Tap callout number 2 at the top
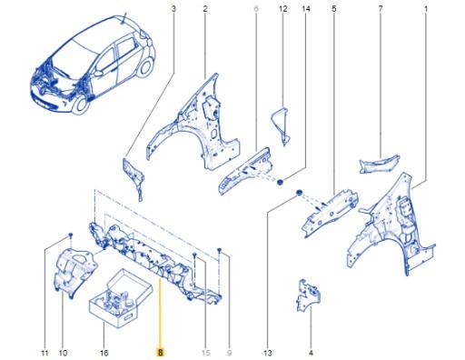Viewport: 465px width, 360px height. tap(205, 8)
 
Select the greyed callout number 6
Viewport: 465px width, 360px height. tap(256, 8)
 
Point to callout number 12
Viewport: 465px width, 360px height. tap(282, 8)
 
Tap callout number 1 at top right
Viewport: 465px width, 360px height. tap(425, 8)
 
